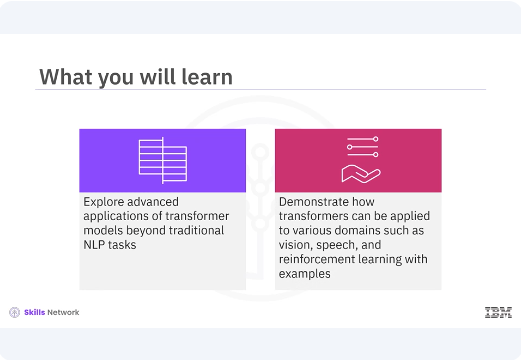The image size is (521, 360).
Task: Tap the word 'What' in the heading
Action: click(63, 76)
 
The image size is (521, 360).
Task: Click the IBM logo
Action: click(498, 313)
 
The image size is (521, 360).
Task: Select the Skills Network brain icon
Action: click(14, 313)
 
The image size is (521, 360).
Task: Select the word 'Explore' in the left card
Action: click(106, 201)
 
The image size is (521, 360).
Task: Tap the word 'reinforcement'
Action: click(318, 260)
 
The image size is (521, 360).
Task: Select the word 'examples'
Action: click(305, 275)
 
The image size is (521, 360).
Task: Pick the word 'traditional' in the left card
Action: click(192, 230)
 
